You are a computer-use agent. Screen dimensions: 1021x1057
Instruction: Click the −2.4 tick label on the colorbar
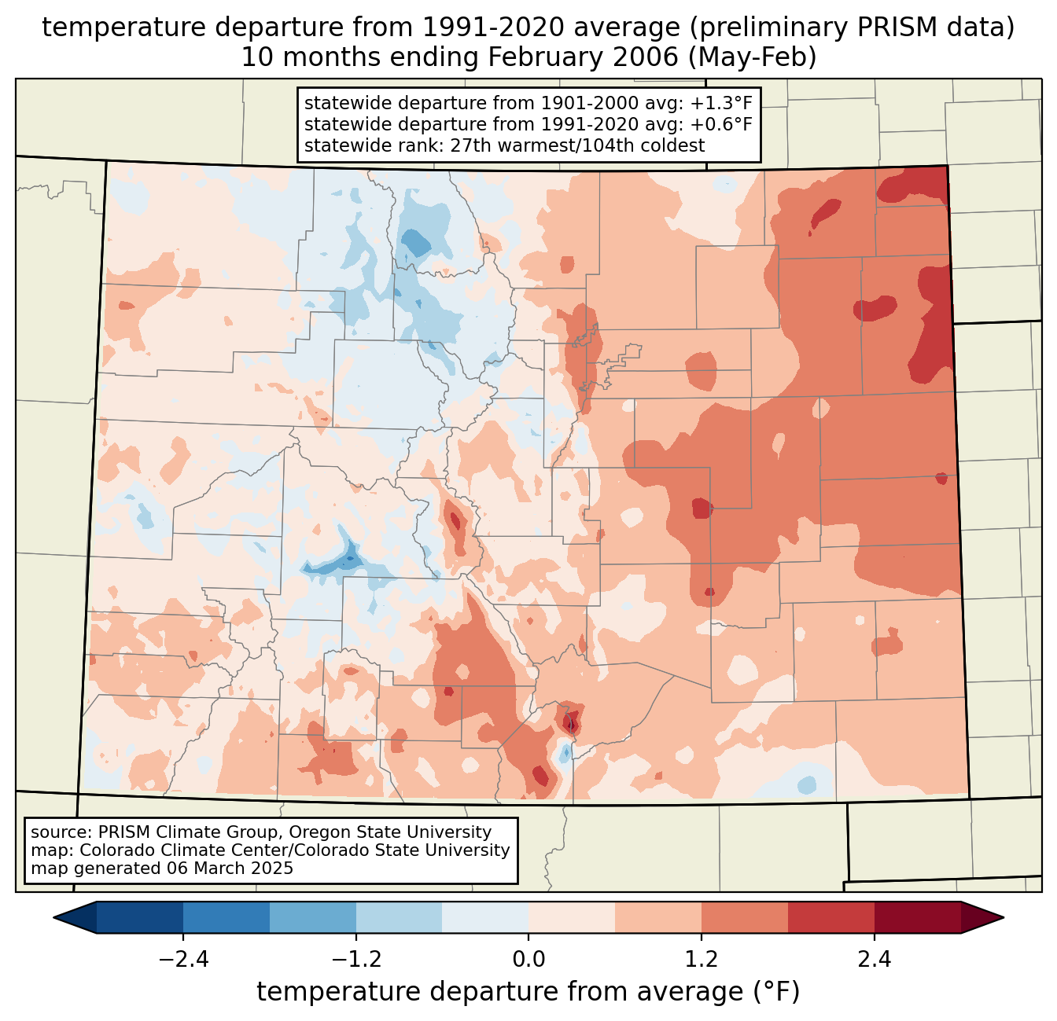183,960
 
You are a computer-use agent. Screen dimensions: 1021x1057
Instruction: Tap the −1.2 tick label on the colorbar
356,960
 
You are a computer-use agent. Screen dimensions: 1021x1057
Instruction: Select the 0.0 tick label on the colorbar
528,960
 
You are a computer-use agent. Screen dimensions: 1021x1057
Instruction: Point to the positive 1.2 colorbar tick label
702,960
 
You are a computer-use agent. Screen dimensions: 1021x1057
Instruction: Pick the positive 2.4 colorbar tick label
874,960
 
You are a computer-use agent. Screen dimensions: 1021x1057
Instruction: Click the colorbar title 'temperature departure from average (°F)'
528,992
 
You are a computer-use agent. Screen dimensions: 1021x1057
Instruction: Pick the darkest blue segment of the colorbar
140,917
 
